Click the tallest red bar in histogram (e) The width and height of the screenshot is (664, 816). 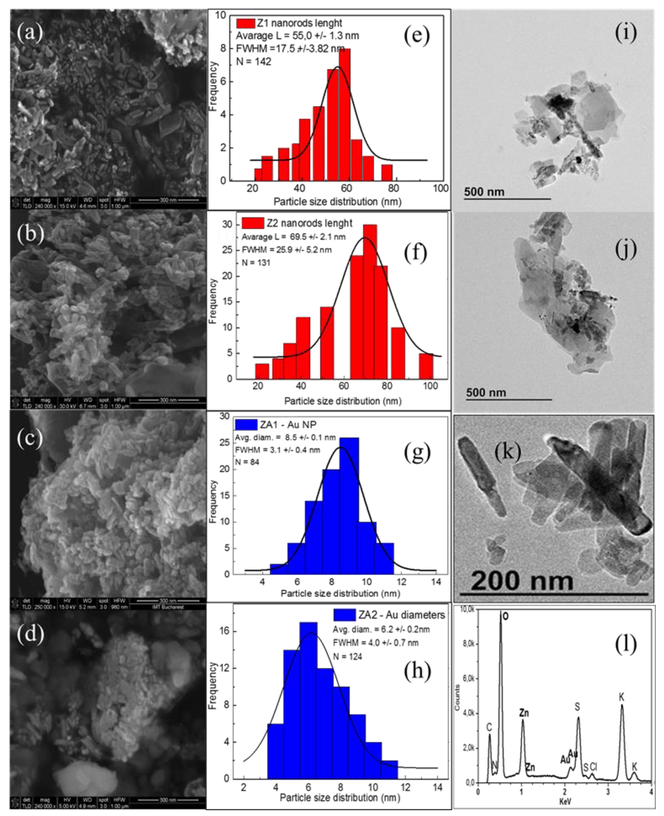click(x=344, y=115)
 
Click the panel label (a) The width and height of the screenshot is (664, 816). click(x=30, y=33)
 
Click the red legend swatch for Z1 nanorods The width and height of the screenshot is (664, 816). click(x=245, y=23)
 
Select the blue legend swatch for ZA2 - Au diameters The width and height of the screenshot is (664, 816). click(x=344, y=615)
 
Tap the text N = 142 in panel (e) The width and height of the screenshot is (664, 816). click(x=254, y=61)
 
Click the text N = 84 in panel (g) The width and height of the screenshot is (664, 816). click(x=247, y=462)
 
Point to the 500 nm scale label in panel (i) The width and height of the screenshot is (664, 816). click(x=484, y=192)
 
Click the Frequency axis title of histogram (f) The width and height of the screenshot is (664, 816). click(x=213, y=301)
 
